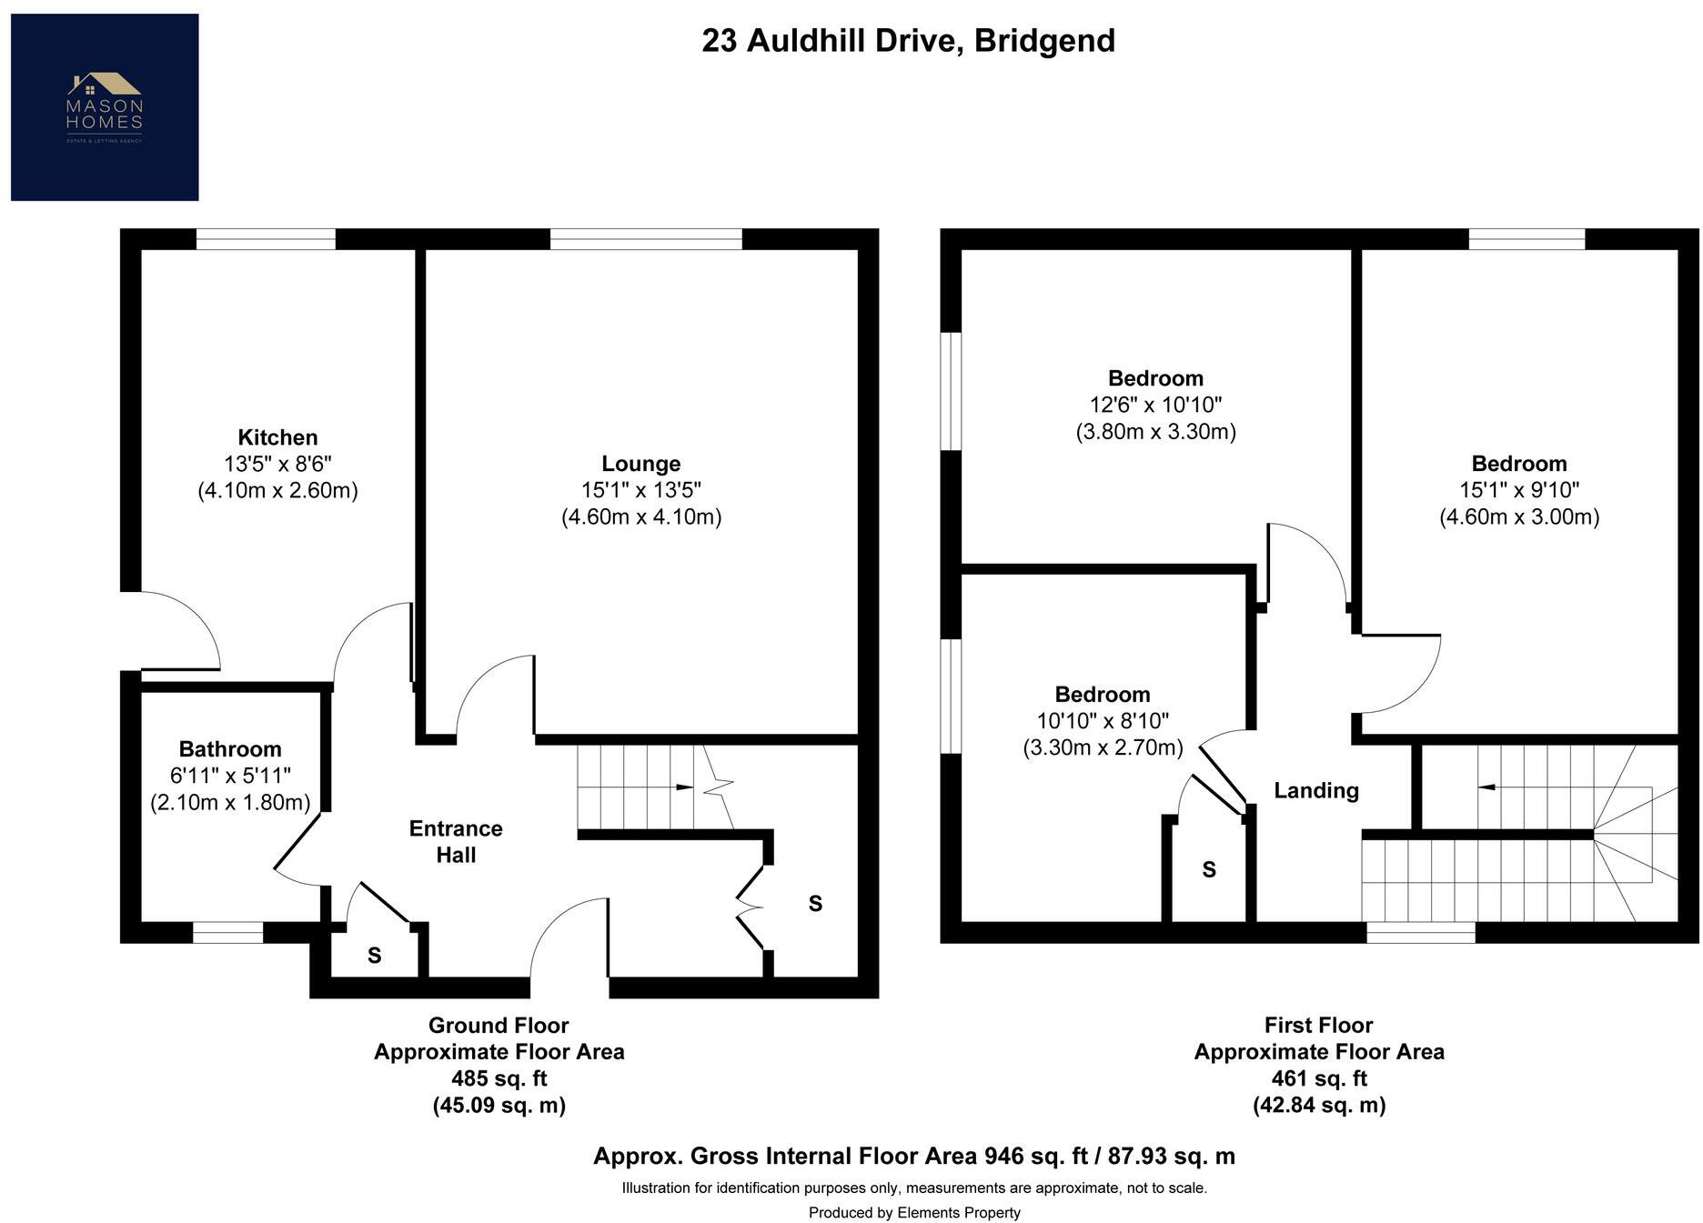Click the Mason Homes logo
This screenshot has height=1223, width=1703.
coord(105,107)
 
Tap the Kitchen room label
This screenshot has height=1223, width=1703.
coord(277,437)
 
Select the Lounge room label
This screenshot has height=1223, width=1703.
coord(640,464)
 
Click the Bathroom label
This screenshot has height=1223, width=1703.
coord(230,749)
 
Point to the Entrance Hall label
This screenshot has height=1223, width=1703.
coord(456,841)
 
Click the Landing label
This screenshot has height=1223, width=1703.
coord(1315,791)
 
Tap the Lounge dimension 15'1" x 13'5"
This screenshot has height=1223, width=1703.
coord(640,490)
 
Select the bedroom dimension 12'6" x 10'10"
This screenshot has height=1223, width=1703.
coord(1155,405)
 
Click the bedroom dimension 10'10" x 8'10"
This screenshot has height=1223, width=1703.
coord(1103,721)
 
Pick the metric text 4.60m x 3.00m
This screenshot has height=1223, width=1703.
coord(1518,517)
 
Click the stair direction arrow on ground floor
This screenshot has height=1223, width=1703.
coord(684,787)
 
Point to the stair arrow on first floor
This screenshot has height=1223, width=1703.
coord(1486,787)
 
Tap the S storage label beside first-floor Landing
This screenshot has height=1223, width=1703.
coord(1209,870)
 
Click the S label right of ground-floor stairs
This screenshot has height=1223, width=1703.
coord(815,904)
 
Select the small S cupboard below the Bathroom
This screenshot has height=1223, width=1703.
coord(374,956)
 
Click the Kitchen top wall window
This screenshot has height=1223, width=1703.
coord(266,239)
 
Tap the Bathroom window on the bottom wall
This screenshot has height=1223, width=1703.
coord(227,932)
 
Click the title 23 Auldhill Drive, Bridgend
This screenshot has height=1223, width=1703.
coord(908,41)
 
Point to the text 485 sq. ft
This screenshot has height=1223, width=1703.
coord(499,1078)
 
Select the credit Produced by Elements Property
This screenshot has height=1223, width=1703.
coord(914,1212)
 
